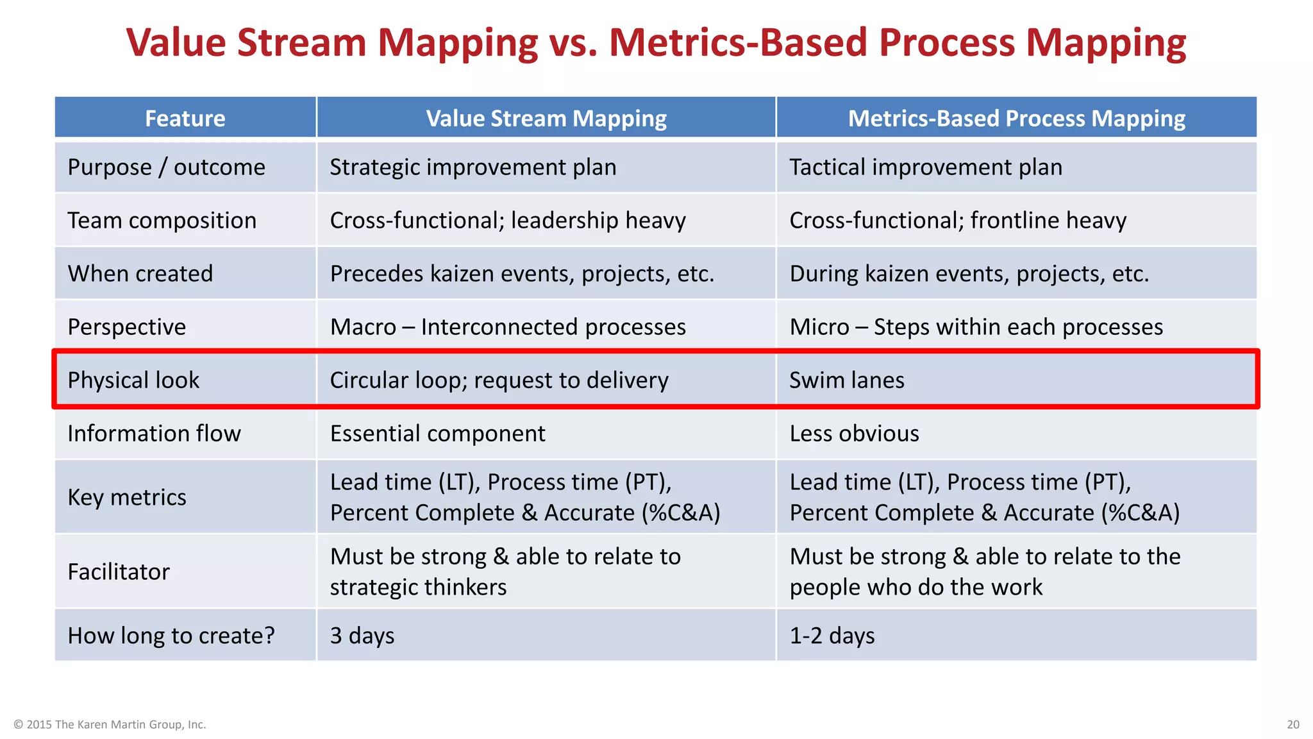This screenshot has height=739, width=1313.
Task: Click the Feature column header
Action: point(185,118)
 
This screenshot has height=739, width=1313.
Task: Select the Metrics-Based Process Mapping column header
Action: point(1016,118)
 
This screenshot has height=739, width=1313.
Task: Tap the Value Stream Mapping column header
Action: point(546,118)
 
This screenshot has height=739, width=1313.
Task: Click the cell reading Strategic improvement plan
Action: point(473,167)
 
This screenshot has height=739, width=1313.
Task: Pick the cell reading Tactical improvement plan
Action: point(925,167)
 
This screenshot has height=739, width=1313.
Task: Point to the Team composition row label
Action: point(162,221)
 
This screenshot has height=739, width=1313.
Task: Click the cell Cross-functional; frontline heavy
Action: point(957,221)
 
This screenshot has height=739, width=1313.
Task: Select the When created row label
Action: point(140,274)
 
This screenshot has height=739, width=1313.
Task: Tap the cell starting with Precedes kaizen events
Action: point(521,274)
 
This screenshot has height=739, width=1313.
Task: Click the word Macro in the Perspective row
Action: point(363,327)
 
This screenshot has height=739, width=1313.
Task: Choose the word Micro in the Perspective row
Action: point(819,327)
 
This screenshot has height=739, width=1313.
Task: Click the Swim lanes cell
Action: point(846,380)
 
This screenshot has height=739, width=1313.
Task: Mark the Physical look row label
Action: point(133,380)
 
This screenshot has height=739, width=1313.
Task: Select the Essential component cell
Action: point(437,434)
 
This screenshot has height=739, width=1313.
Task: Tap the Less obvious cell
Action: point(854,434)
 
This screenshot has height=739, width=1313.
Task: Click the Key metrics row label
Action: point(127,498)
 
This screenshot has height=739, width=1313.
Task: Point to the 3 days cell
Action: point(362,636)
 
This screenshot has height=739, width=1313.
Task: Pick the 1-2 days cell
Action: point(832,636)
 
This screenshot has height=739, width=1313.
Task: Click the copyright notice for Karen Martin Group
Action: point(110,724)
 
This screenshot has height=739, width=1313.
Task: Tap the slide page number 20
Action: point(1292,724)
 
